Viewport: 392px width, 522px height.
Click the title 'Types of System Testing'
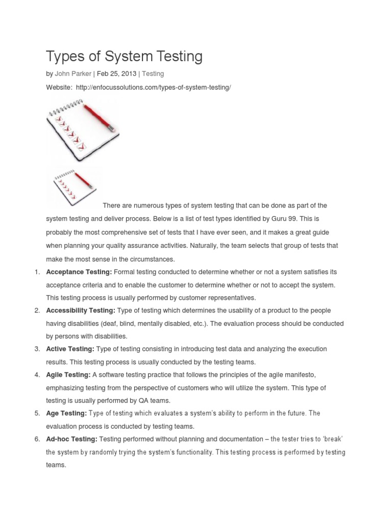[x=124, y=57]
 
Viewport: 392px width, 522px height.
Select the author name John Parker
[x=73, y=74]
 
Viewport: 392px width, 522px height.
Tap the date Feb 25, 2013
[x=116, y=74]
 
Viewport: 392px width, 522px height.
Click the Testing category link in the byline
[x=153, y=74]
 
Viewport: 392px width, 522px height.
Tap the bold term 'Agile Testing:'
[x=68, y=375]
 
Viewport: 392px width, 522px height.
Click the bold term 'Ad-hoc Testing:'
[x=71, y=439]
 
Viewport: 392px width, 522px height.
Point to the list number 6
[x=37, y=439]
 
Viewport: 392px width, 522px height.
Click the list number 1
[x=37, y=272]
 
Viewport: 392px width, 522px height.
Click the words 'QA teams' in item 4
[x=156, y=400]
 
